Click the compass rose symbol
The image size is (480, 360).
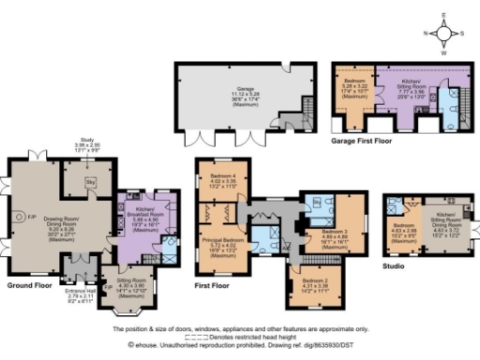pos(445,33)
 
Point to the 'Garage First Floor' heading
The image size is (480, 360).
pos(361,142)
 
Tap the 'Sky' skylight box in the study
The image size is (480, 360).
pos(91,180)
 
